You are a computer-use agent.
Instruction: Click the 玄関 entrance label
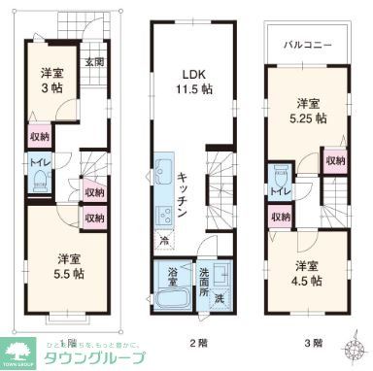tap(94, 63)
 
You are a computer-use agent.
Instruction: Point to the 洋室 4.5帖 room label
tap(308, 274)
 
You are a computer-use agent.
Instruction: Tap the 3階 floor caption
tap(313, 343)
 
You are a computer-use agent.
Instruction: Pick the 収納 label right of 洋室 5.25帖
tap(334, 160)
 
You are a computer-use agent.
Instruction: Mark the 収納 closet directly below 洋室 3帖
tap(40, 138)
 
